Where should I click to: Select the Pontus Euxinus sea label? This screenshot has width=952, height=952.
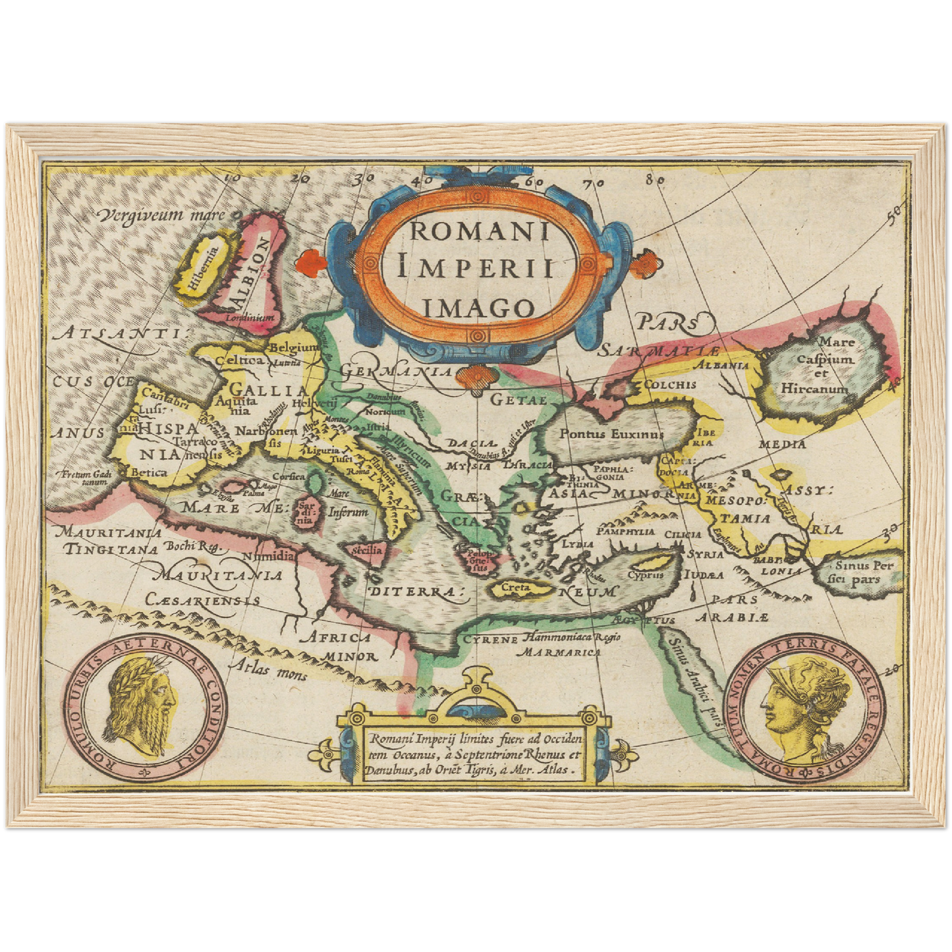611,434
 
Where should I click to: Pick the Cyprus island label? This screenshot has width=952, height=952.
644,574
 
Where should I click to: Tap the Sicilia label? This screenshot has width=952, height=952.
368,550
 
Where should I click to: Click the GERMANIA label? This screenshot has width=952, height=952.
396,372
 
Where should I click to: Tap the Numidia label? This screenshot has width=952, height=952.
268,555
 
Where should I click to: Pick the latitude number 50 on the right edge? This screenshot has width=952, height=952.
893,211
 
